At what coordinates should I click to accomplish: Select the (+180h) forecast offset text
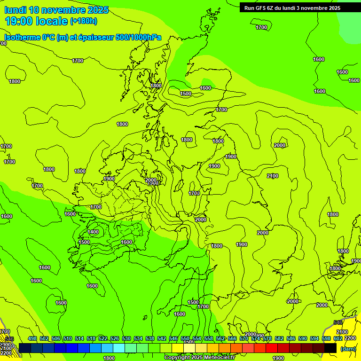pos(84,21)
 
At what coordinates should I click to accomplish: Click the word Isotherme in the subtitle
pos(22,38)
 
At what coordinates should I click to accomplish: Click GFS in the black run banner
pos(261,8)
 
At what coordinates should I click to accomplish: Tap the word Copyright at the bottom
pos(177,358)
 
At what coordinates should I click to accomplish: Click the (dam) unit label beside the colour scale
pos(348,348)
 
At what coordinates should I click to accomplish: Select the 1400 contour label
pos(93,232)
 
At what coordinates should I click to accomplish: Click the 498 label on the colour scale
pos(32,339)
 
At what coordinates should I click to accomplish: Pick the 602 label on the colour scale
pos(338,339)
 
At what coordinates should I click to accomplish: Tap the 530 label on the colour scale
pos(126,339)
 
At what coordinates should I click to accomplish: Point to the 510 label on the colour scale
pos(68,339)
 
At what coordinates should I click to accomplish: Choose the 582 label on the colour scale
pos(279,339)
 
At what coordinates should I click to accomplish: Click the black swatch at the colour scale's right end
pos(330,348)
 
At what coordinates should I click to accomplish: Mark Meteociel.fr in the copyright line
pos(219,358)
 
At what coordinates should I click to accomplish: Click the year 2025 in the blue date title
pos(98,10)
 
